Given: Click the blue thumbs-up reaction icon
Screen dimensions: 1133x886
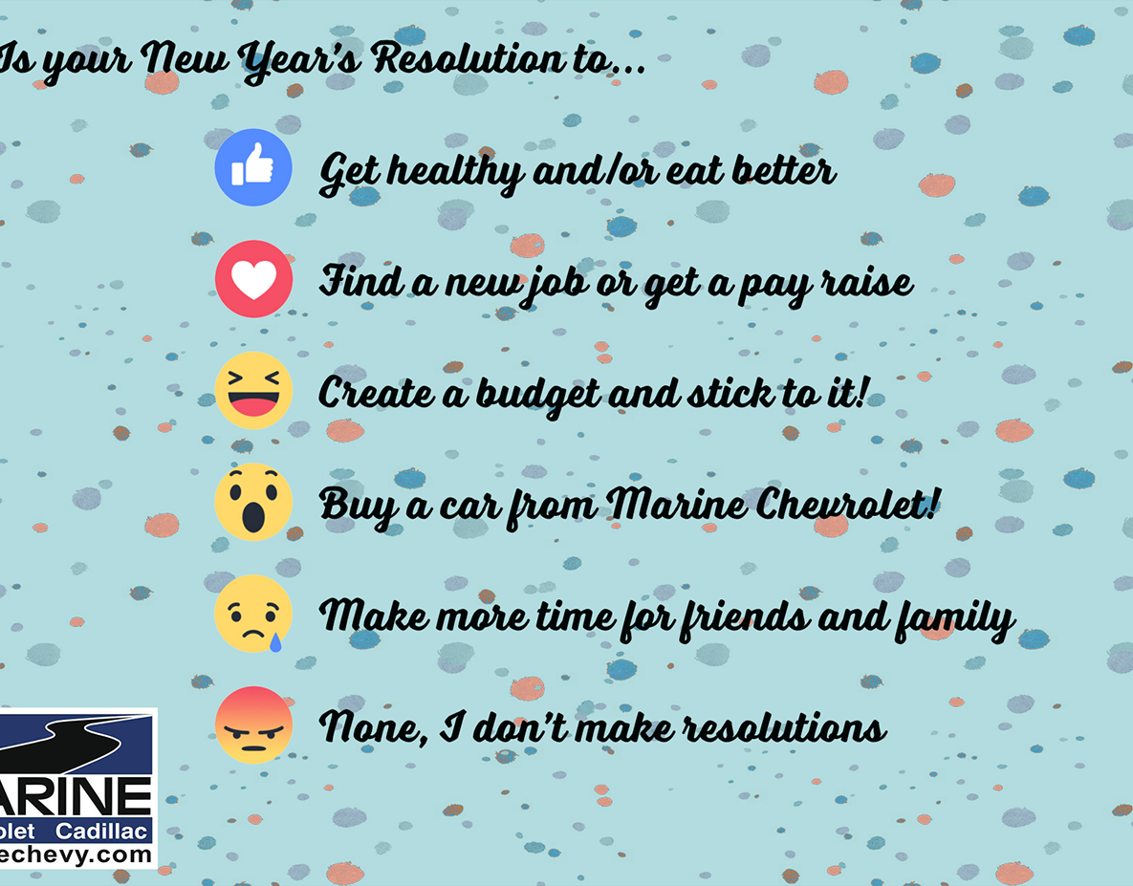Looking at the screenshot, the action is pos(253,167).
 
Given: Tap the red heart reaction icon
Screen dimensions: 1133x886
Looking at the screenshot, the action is pos(253,279).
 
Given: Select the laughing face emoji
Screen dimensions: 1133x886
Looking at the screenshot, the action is pos(253,391).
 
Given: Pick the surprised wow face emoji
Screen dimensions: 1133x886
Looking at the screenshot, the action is pos(253,502).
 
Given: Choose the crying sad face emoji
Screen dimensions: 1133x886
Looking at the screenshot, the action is pos(253,614).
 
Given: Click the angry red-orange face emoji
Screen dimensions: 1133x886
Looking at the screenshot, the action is pos(253,725).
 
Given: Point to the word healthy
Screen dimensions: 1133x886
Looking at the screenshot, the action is pos(456,172).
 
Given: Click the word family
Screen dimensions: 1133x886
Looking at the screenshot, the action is pos(954,618).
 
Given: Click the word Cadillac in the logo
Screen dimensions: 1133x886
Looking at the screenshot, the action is pos(102,832).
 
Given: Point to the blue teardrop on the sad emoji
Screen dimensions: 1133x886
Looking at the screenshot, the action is pos(275,642).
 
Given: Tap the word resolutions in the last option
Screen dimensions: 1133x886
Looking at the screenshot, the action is pos(785,726).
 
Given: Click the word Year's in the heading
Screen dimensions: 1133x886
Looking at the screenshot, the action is pos(300,60).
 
